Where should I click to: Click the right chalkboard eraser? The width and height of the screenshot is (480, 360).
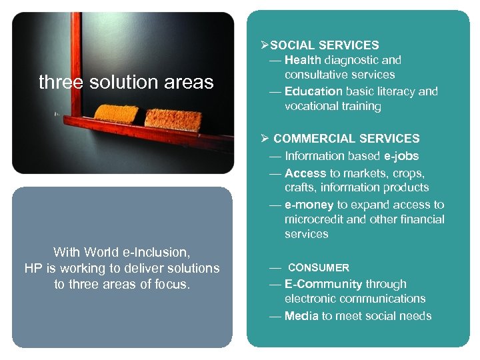(x=173, y=119)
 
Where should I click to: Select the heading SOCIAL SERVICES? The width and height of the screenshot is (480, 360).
(x=324, y=45)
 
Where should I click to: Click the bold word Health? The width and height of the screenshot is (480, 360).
(x=304, y=60)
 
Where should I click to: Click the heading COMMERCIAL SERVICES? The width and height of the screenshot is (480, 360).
(x=346, y=139)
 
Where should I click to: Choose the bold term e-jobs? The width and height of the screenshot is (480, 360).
(x=401, y=156)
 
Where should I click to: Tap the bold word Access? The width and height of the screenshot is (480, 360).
(x=305, y=173)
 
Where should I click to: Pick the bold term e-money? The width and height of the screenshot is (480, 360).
(x=309, y=205)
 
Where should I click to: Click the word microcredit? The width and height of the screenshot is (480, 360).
(x=313, y=219)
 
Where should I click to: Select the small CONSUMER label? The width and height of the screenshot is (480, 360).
(x=318, y=268)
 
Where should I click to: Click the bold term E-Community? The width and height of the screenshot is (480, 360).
(x=323, y=284)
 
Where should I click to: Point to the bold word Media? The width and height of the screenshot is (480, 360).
(x=301, y=316)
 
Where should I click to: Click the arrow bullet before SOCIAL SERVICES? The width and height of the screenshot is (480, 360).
(x=264, y=45)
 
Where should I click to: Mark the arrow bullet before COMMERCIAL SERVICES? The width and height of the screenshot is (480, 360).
(x=265, y=139)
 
